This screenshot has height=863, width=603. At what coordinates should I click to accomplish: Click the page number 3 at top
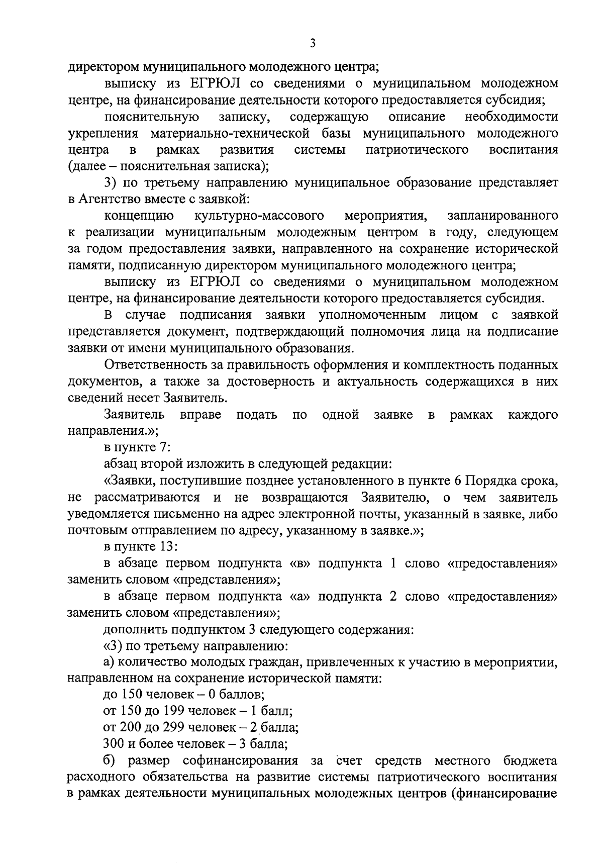click(312, 44)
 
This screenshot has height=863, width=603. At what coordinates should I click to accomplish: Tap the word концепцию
click(139, 216)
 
